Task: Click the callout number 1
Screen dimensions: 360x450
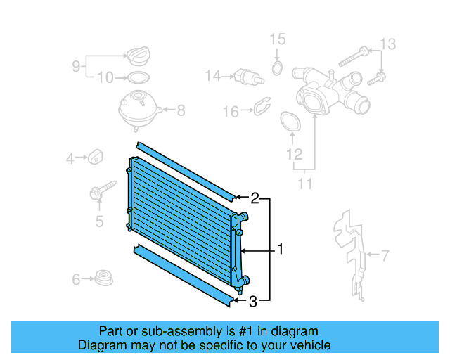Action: click(280, 249)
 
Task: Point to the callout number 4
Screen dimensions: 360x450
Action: click(70, 159)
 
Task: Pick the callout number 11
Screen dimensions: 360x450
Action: click(304, 184)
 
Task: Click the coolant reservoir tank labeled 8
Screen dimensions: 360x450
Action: click(139, 109)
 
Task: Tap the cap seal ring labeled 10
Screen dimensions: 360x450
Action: click(139, 77)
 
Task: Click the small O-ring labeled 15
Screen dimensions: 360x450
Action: click(277, 68)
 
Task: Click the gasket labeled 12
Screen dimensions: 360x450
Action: click(289, 122)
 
